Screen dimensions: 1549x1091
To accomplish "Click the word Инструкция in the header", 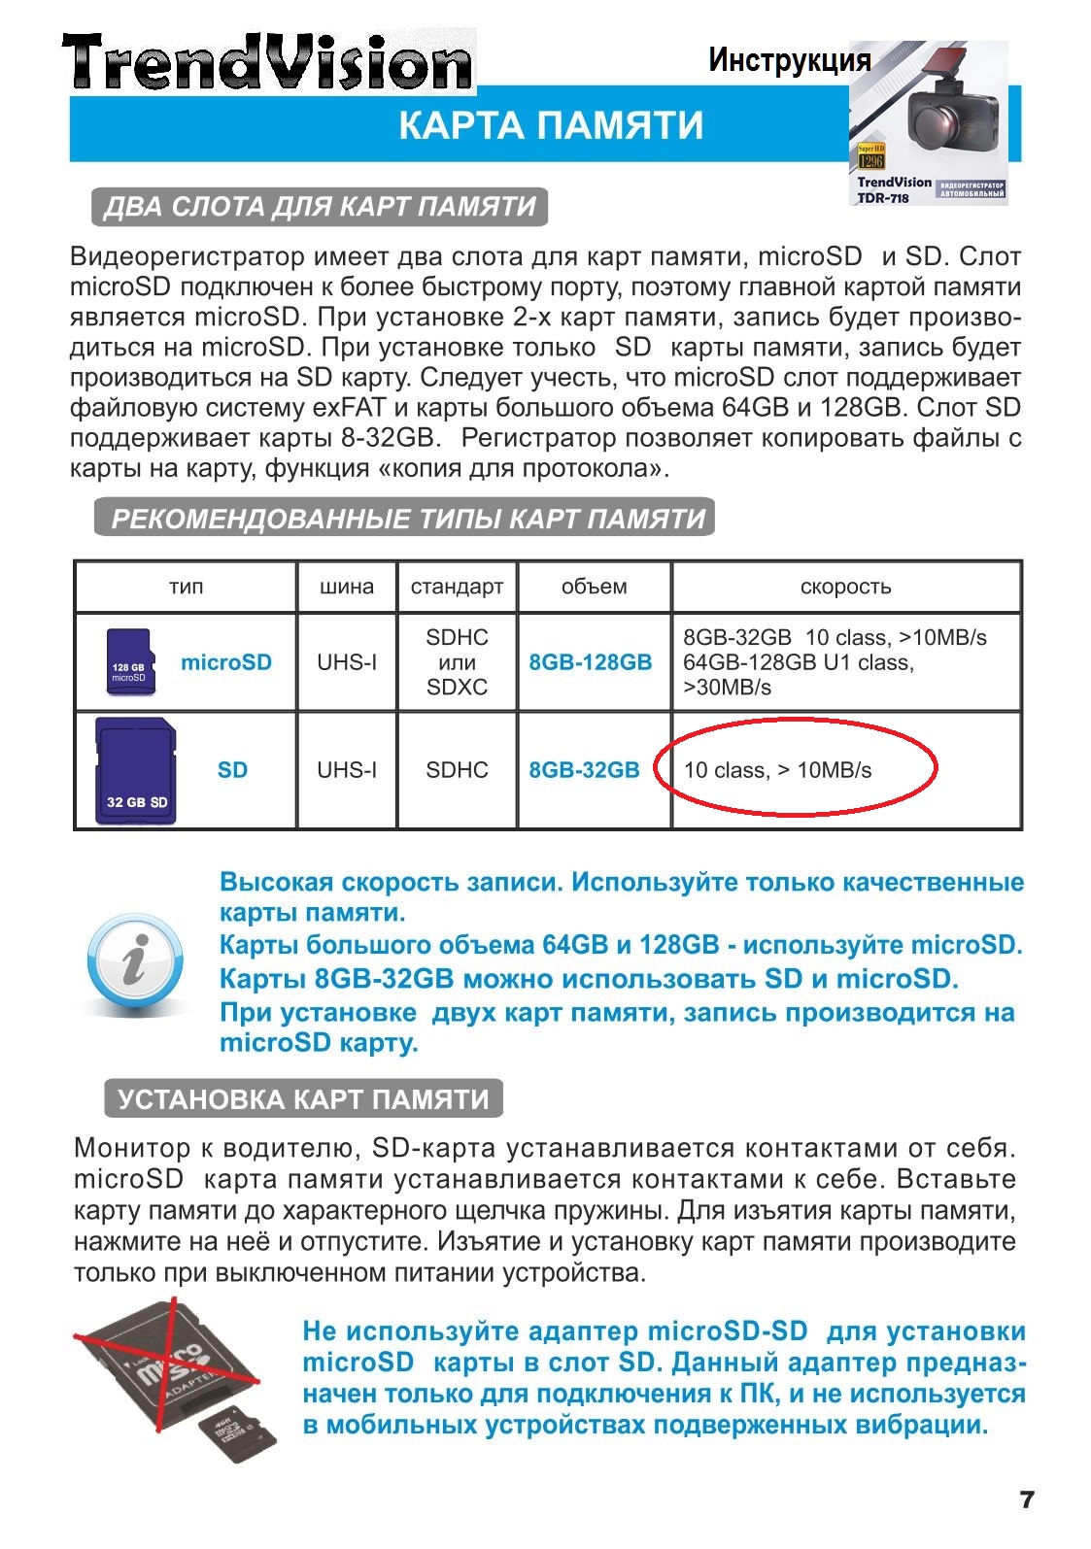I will (789, 60).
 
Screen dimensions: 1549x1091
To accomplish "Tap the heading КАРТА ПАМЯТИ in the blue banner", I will (550, 126).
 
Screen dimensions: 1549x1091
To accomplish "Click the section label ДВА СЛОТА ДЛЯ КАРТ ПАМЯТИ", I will (320, 207).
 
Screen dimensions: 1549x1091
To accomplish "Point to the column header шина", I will (347, 587).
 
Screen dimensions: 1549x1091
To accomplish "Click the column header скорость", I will (845, 587).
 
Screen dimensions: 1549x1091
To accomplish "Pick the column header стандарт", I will (457, 587).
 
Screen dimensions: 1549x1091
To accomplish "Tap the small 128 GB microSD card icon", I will (128, 662).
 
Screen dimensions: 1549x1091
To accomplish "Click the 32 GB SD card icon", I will (136, 771).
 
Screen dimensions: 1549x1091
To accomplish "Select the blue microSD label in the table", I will (225, 662).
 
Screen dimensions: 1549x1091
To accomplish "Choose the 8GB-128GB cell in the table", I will (591, 662).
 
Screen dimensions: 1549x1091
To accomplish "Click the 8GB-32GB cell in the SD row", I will (584, 770).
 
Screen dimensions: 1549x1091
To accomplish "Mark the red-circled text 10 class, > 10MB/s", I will (777, 770).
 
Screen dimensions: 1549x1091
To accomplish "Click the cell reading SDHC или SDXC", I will (457, 662).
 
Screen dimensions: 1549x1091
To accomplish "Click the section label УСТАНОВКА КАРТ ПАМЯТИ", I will (303, 1099).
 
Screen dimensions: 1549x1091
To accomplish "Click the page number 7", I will (1027, 1498).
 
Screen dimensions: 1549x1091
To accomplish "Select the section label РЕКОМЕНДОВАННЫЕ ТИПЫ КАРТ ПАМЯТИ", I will (407, 519).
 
